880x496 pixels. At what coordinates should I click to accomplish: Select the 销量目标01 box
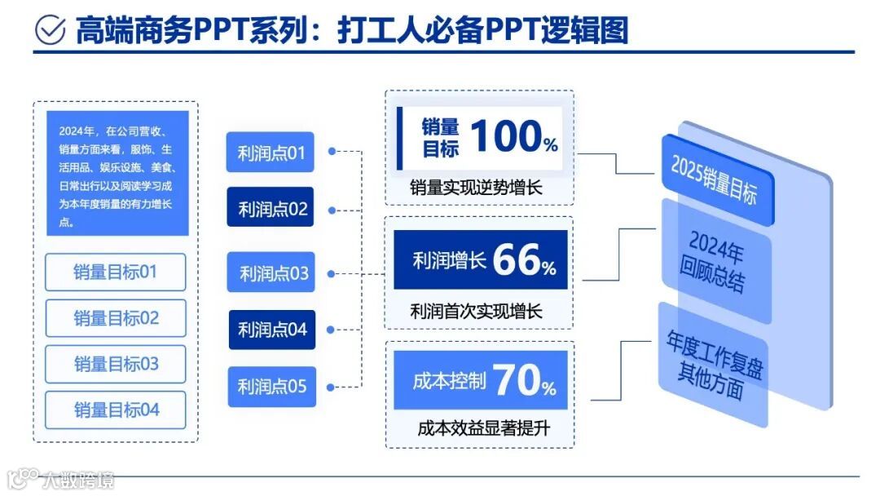116,272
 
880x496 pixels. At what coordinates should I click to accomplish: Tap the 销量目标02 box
116,318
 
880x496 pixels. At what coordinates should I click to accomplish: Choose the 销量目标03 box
116,364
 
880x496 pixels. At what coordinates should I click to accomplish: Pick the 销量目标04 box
116,410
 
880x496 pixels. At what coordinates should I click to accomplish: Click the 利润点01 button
270,153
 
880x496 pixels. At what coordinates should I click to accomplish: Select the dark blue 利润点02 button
271,208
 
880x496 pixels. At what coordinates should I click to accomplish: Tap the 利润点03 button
271,273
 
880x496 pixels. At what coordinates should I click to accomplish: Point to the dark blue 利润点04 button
271,330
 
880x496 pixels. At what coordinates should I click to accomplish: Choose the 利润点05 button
271,386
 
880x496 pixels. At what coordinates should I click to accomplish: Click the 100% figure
514,136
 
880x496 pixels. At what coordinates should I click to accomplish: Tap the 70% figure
524,380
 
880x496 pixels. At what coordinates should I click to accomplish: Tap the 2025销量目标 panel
715,179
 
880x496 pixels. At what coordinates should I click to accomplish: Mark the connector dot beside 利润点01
332,151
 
